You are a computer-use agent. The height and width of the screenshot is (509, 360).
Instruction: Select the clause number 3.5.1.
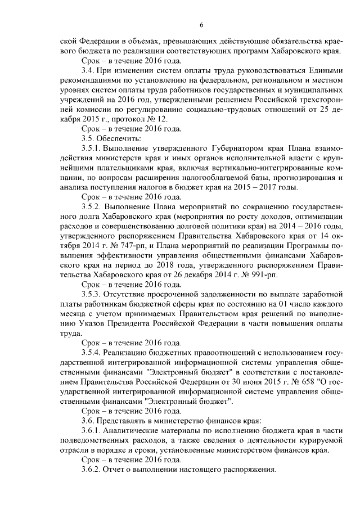coord(92,148)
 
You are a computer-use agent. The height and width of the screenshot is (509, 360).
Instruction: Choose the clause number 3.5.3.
coord(92,295)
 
